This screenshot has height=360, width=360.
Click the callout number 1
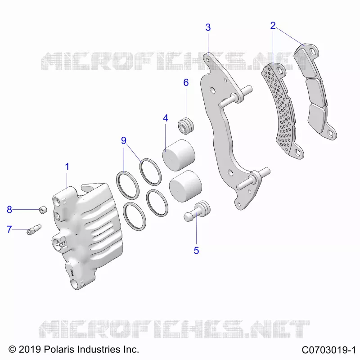click(67, 167)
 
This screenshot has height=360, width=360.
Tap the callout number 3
click(208, 27)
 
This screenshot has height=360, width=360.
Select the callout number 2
click(273, 26)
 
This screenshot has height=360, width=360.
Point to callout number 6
click(186, 83)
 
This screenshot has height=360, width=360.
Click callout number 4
click(166, 118)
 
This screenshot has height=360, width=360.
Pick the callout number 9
click(124, 140)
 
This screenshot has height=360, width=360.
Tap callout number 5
click(196, 251)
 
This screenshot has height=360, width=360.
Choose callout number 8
click(9, 210)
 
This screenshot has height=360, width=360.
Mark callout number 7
click(9, 229)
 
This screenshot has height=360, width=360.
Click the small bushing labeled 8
click(43, 210)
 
